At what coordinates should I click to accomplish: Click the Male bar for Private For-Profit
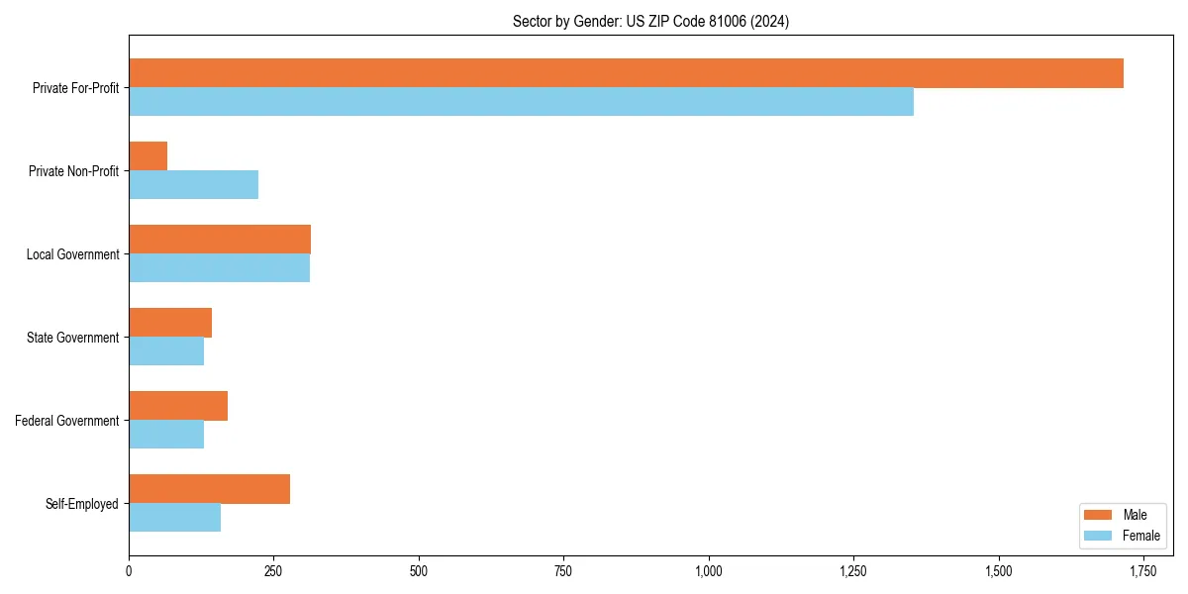626,73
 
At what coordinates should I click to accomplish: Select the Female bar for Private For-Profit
521,102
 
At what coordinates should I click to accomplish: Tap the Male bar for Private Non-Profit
148,156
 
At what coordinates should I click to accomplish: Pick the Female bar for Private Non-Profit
193,185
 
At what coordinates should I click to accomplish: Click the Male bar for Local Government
220,240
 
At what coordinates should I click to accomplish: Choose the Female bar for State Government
166,351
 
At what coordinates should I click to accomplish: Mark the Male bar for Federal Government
178,406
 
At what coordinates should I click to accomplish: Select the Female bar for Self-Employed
174,518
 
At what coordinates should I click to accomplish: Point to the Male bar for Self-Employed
209,489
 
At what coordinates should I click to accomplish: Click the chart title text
650,21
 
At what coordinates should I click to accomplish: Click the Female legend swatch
1099,536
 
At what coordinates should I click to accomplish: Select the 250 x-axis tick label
274,571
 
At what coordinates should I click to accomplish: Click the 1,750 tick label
1143,571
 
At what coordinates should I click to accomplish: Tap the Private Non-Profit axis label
73,171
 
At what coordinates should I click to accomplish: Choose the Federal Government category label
66,421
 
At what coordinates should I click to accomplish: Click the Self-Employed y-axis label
81,504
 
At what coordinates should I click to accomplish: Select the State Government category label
72,338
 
